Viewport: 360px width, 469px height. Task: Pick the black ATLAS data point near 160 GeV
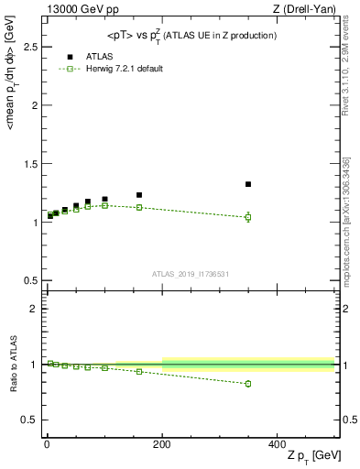coord(139,195)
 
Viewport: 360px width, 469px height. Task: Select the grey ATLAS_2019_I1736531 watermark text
coord(191,274)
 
